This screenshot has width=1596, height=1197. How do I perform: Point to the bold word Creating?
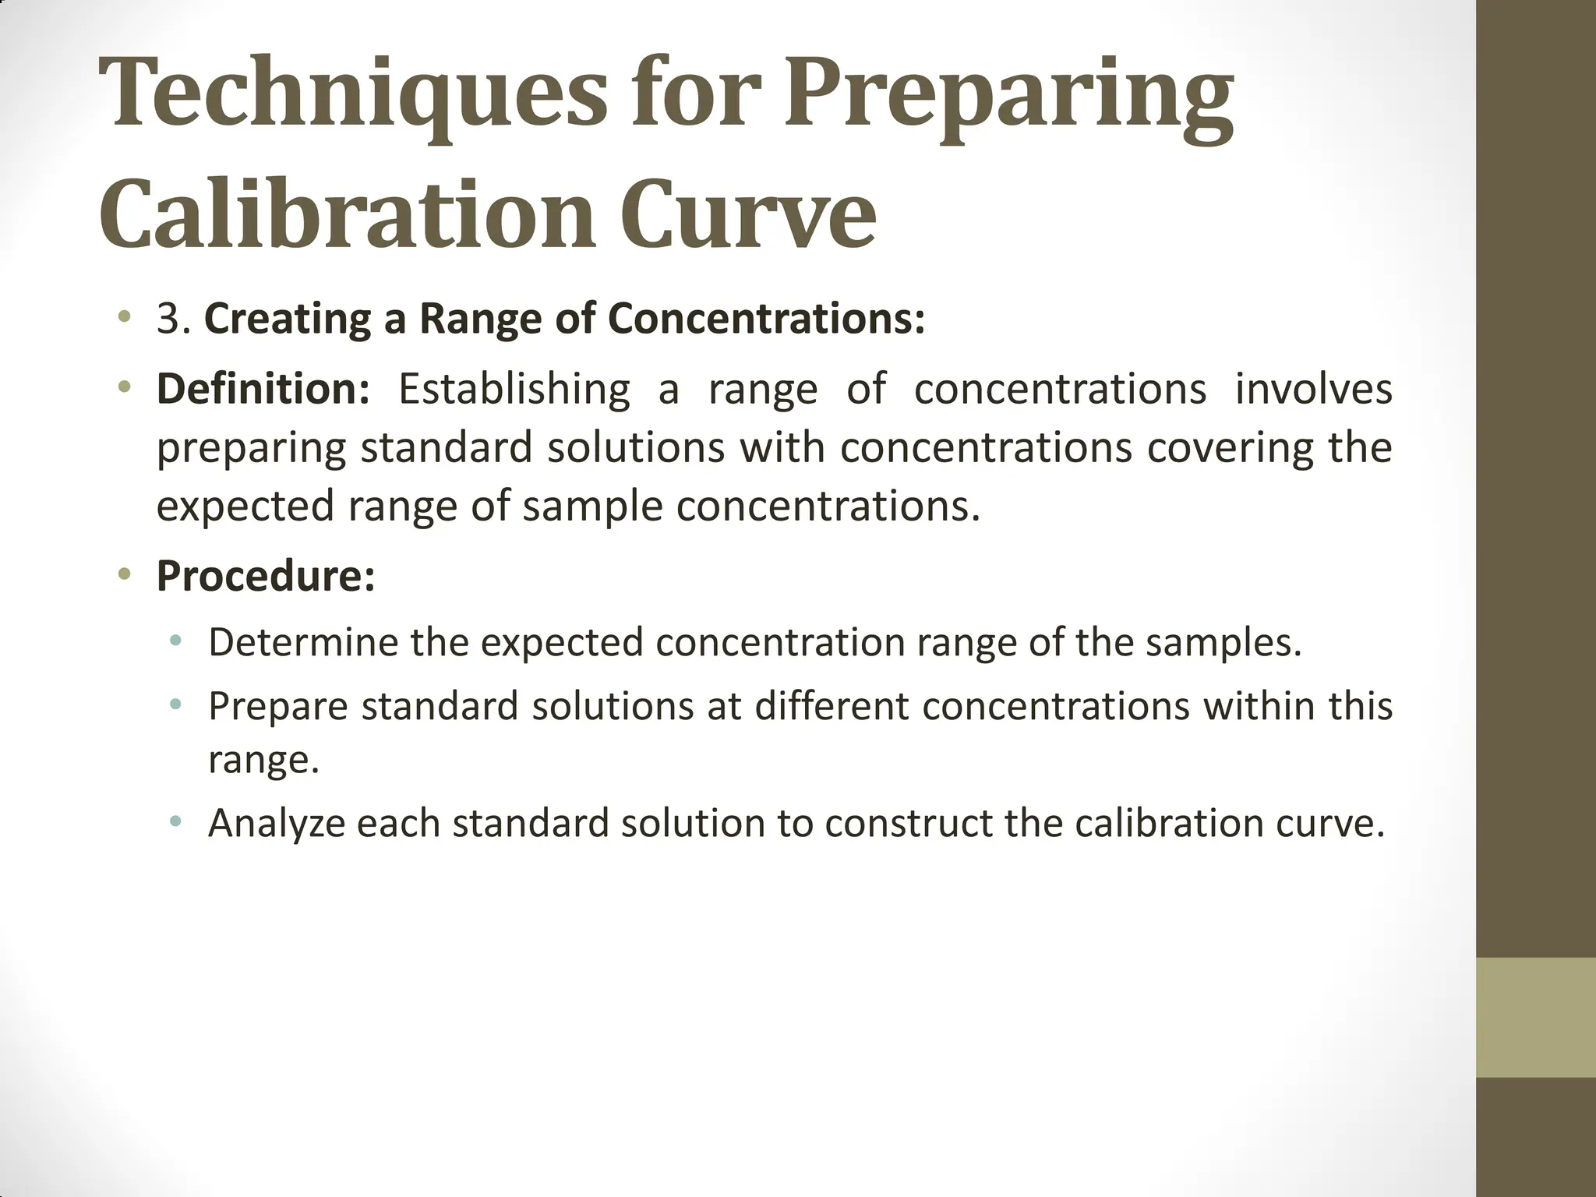(x=288, y=319)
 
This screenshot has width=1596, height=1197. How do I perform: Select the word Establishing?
(x=514, y=390)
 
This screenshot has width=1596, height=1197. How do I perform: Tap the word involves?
(x=1314, y=388)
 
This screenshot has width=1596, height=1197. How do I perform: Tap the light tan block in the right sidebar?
(x=1536, y=1017)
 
